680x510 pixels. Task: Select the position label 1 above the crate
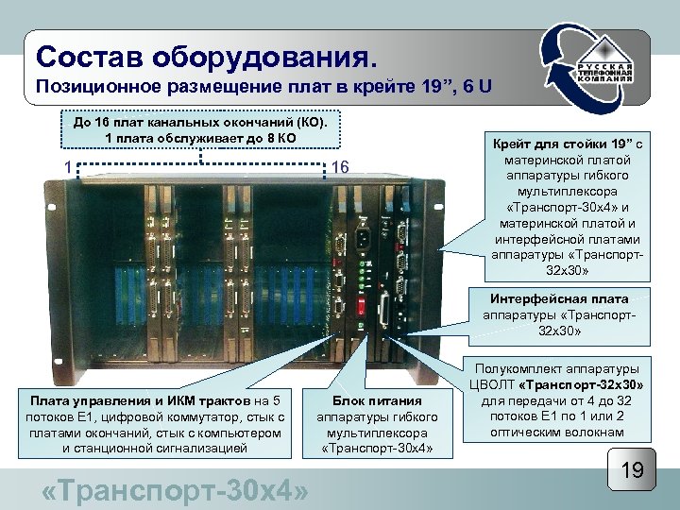[x=69, y=167]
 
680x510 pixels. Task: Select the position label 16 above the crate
[x=341, y=167]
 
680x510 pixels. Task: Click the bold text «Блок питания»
[x=377, y=400]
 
